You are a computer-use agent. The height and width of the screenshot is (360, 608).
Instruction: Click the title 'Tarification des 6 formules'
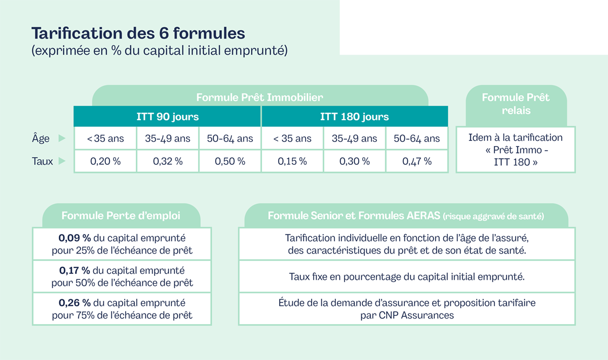pyautogui.click(x=138, y=33)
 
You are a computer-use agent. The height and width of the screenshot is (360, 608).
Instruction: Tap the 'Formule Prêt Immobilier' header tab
pyautogui.click(x=259, y=97)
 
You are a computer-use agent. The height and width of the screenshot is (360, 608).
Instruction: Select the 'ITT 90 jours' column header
pyautogui.click(x=168, y=117)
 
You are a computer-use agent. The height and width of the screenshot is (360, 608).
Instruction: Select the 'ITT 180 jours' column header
pyautogui.click(x=354, y=117)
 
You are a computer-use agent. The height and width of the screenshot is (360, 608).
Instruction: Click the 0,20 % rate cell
pyautogui.click(x=105, y=161)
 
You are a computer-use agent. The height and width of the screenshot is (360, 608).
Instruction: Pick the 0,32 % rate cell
pyautogui.click(x=168, y=161)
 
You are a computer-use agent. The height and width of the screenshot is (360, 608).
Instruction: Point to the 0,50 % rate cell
pyautogui.click(x=230, y=161)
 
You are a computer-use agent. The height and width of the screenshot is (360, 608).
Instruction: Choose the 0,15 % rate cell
pyautogui.click(x=292, y=161)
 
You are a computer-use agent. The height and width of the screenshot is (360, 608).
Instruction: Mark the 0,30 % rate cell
pyautogui.click(x=355, y=161)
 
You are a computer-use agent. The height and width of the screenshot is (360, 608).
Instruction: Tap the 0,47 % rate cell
pyautogui.click(x=417, y=161)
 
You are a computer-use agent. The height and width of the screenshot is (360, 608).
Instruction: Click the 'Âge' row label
pyautogui.click(x=41, y=138)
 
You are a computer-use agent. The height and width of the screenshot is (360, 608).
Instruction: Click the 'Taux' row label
pyautogui.click(x=43, y=162)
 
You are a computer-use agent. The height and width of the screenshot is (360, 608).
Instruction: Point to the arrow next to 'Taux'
pyautogui.click(x=62, y=162)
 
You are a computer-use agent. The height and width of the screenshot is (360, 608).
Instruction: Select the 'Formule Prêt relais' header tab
pyautogui.click(x=516, y=103)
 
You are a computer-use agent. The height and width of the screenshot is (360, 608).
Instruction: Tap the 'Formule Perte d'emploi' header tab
pyautogui.click(x=121, y=215)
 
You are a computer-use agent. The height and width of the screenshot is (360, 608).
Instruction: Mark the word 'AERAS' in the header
pyautogui.click(x=424, y=215)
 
